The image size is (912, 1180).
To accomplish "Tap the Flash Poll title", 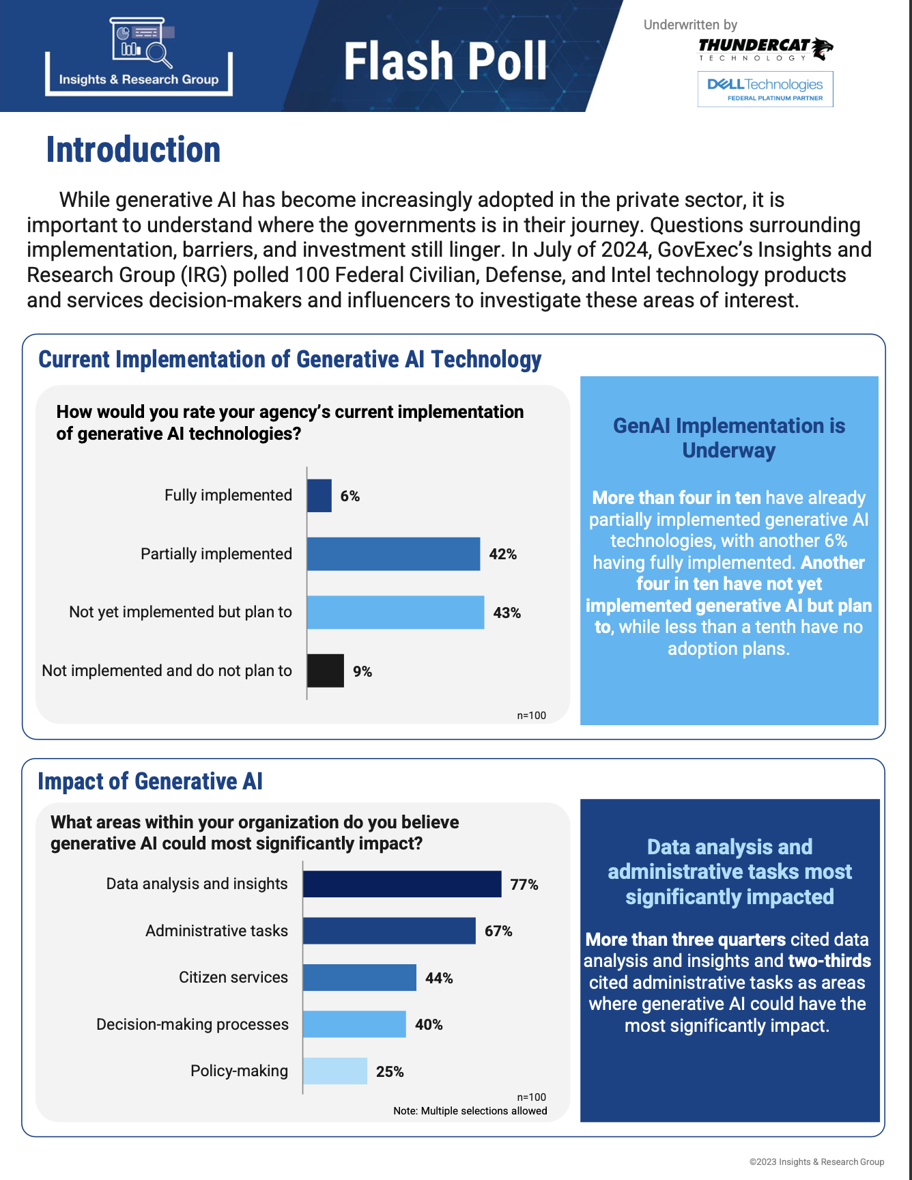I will click(x=445, y=61).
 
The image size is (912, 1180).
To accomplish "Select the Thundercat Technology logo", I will click(x=765, y=49).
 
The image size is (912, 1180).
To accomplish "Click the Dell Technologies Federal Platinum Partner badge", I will click(x=765, y=89).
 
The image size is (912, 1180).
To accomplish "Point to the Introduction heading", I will click(x=133, y=150).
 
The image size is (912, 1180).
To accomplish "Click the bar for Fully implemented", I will click(x=319, y=496).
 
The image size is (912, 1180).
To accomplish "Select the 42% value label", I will click(x=502, y=554).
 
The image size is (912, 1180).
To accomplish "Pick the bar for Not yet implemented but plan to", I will click(x=395, y=613).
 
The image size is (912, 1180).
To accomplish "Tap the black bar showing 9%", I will click(x=326, y=671).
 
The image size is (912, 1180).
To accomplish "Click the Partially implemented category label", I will click(x=216, y=554).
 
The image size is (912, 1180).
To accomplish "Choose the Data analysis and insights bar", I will click(x=402, y=884).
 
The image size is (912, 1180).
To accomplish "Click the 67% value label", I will click(x=498, y=931).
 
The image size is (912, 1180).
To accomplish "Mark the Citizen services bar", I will click(x=360, y=978).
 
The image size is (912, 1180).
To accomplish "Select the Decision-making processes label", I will click(x=193, y=1024).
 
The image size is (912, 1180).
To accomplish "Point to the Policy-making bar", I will click(x=335, y=1071).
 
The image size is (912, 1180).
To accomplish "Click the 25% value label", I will click(x=390, y=1072).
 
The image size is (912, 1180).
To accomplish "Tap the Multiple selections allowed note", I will click(x=470, y=1111).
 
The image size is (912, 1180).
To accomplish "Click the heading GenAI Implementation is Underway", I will click(x=729, y=438).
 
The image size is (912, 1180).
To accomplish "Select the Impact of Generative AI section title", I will click(x=150, y=781).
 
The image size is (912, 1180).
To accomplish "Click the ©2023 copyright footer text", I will click(x=816, y=1162).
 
